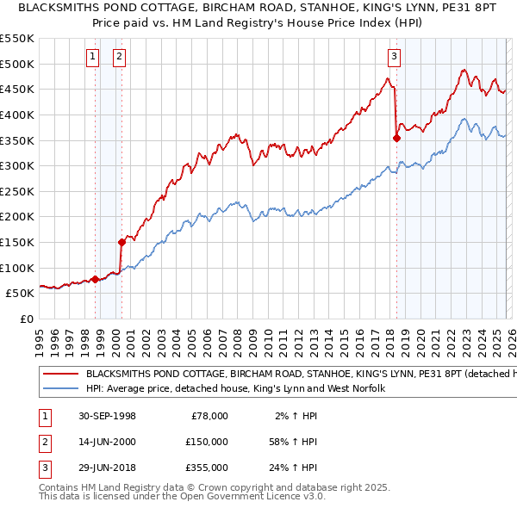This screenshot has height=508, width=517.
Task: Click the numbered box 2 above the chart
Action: pos(119,58)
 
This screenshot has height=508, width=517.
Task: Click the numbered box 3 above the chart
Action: pos(394,58)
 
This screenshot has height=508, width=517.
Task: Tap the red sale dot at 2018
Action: pos(396,138)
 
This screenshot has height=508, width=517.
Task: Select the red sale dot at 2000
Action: pos(121,242)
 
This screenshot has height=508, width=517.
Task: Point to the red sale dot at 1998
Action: pos(96,279)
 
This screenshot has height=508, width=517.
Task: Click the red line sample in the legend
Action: pos(60,375)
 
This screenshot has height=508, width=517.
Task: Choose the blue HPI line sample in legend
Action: pos(60,389)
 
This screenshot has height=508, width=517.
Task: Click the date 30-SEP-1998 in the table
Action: pos(106,416)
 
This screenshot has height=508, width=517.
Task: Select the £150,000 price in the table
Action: pos(206,442)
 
